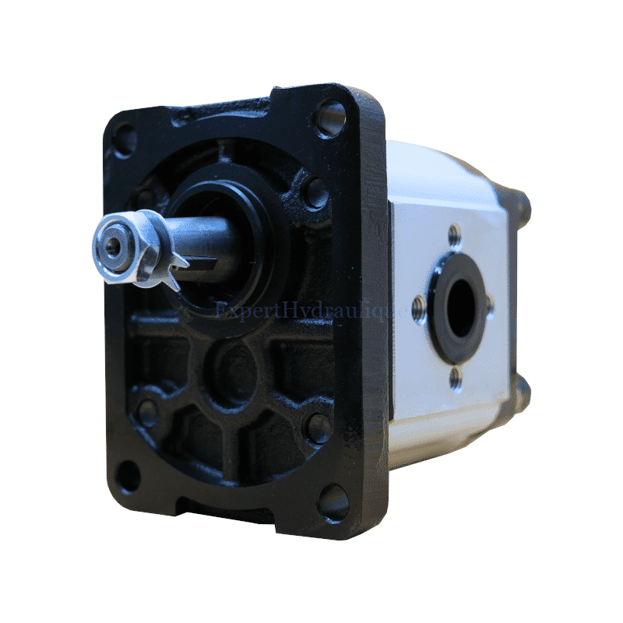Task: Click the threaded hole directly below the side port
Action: click(456, 378)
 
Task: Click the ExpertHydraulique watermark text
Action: click(311, 311)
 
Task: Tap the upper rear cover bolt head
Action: click(523, 207)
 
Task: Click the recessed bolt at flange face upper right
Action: click(315, 192)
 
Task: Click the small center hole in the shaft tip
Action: click(114, 246)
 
